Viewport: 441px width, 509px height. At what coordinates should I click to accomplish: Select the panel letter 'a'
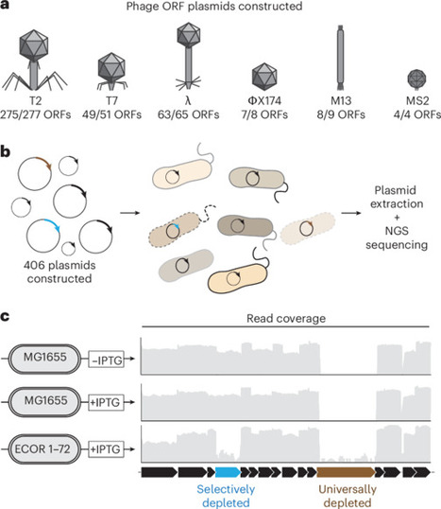pyautogui.click(x=8, y=8)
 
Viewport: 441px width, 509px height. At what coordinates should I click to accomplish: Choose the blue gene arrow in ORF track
pyautogui.click(x=226, y=470)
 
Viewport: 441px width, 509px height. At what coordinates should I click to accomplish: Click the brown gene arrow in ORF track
pyautogui.click(x=345, y=470)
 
